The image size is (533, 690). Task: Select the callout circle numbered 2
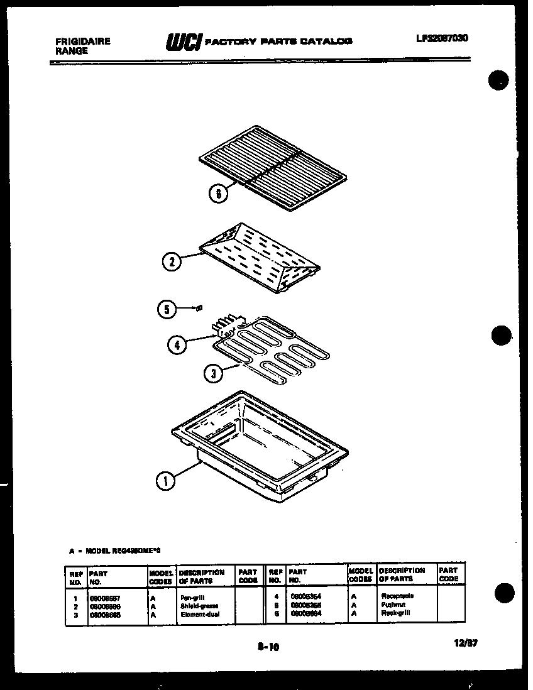coord(172,261)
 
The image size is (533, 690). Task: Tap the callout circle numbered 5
coord(166,309)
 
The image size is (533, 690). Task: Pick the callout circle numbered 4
coord(177,344)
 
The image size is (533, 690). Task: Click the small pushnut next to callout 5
coord(199,307)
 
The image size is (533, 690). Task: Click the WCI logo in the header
coord(182,41)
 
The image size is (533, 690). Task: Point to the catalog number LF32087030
coord(442,38)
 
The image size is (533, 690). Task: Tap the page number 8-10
coord(268,647)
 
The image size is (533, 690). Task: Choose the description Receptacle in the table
coord(397,596)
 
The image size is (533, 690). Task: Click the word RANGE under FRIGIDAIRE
coord(72,51)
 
